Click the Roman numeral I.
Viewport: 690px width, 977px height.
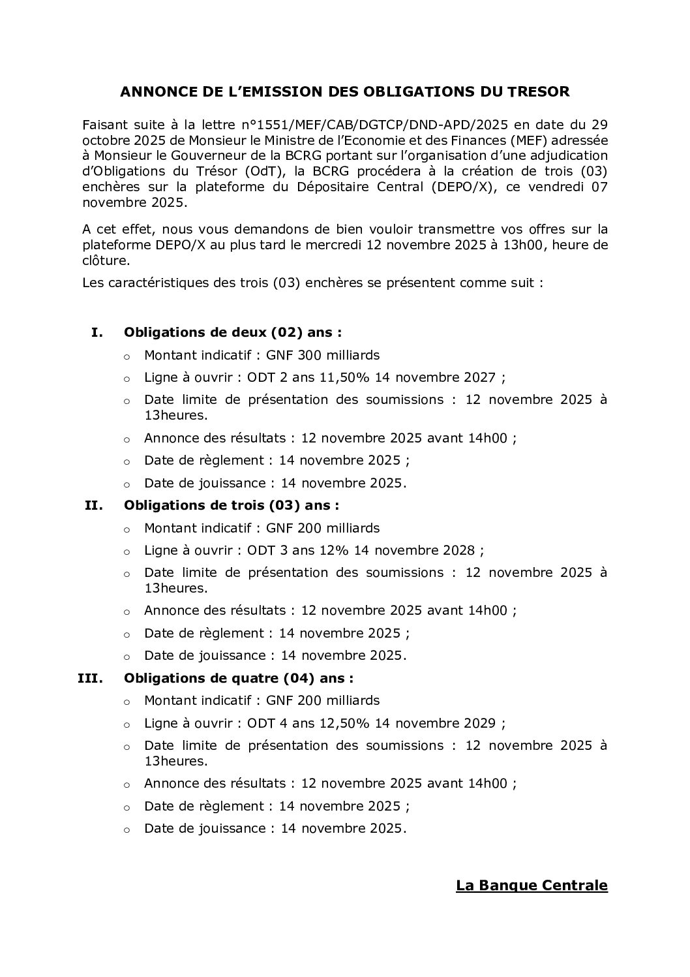click(x=97, y=333)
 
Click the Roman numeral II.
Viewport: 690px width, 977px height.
click(x=94, y=505)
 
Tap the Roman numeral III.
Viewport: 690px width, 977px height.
click(x=91, y=678)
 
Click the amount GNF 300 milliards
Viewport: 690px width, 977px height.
click(x=323, y=356)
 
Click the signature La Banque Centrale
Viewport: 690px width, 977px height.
click(x=532, y=886)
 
